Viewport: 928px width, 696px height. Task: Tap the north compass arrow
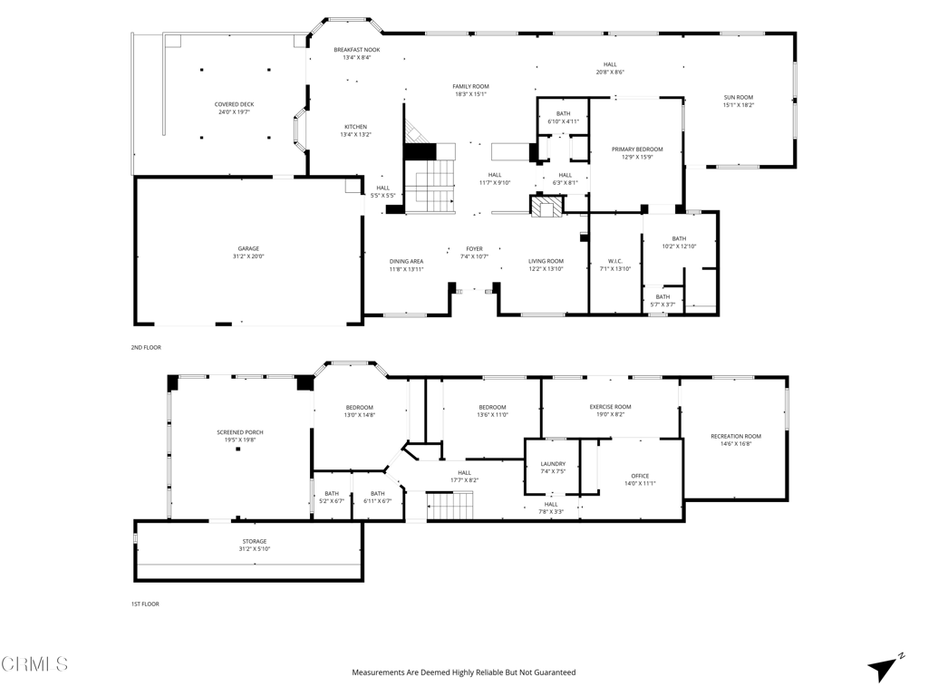pos(883,668)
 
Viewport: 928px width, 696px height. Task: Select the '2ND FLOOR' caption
pos(146,347)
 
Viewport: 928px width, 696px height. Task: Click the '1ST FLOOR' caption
pos(145,604)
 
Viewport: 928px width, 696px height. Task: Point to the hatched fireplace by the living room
pos(545,208)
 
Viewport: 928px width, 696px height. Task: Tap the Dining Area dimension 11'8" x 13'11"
pos(407,269)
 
